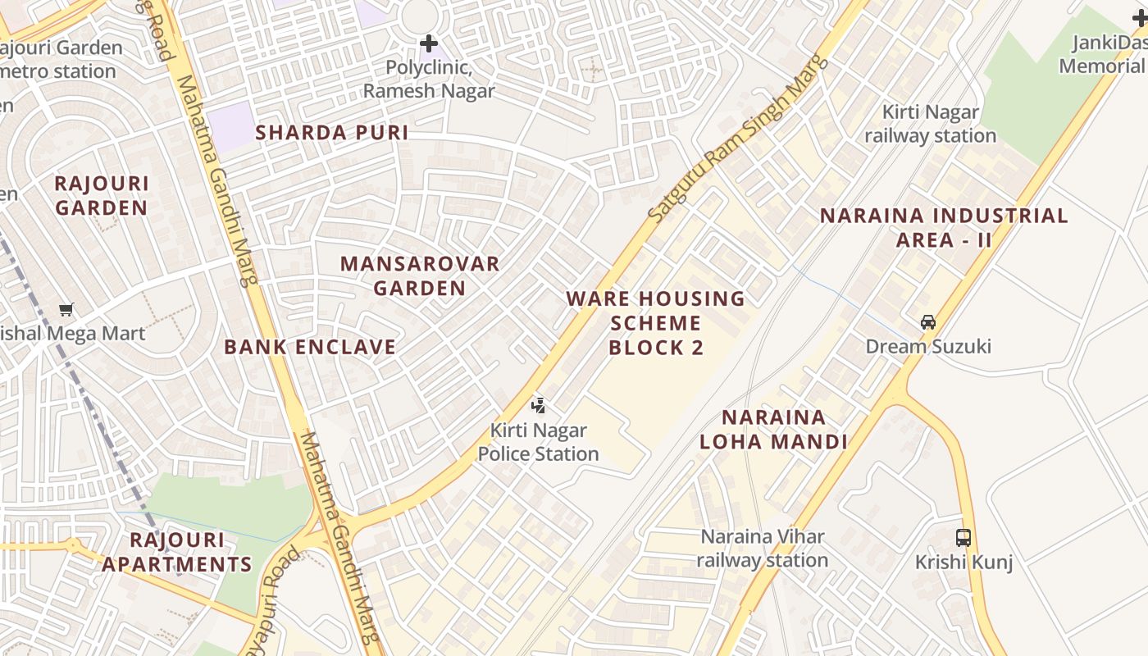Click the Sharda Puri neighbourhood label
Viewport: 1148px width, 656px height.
point(331,133)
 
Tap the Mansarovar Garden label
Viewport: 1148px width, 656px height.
point(420,276)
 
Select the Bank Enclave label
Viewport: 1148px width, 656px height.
point(310,347)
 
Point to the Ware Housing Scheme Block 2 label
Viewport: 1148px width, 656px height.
point(656,323)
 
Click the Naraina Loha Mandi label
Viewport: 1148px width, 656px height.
point(772,430)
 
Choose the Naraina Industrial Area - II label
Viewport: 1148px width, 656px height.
point(944,228)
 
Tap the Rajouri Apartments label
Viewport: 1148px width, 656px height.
point(176,552)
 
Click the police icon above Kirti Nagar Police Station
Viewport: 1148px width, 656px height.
point(539,404)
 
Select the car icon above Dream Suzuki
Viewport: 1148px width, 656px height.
point(928,322)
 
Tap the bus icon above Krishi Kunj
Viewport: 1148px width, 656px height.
point(963,538)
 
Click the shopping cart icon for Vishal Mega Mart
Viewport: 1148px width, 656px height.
point(66,309)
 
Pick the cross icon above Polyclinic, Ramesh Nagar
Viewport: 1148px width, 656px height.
point(429,43)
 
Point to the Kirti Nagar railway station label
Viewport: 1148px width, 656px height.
point(931,124)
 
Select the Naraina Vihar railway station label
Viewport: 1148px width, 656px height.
point(763,549)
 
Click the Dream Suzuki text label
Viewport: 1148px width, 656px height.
point(928,346)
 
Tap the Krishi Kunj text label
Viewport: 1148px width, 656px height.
point(964,563)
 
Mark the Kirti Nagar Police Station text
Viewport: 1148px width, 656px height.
point(539,442)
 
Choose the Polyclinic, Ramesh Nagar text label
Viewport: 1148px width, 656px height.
point(429,79)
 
